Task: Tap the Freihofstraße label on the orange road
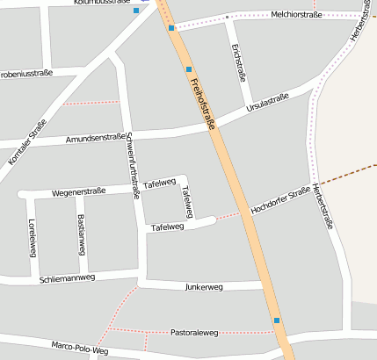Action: [202, 104]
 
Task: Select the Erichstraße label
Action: [237, 62]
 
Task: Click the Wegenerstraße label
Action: [79, 190]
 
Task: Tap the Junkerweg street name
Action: [205, 286]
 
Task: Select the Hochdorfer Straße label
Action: [279, 200]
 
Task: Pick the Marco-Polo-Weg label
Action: [79, 348]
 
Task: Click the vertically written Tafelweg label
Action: [185, 201]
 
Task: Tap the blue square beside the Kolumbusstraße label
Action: [135, 11]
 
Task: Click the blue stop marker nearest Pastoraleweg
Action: [278, 321]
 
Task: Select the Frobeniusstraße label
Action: [26, 74]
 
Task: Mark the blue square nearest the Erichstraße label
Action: [188, 68]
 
